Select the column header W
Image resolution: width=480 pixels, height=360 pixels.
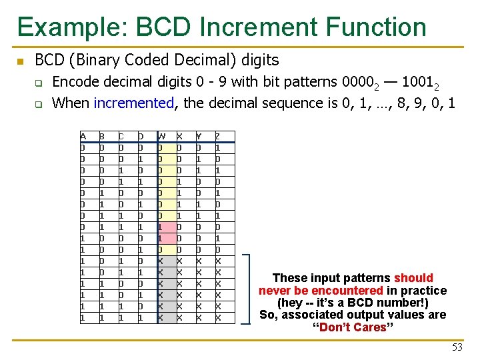(162, 137)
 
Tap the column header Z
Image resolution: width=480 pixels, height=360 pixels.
(218, 137)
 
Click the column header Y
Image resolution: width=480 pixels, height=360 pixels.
(199, 137)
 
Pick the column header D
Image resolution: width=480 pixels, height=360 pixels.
(140, 137)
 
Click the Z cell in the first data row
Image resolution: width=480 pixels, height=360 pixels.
(218, 147)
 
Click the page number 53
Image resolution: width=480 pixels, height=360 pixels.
(457, 347)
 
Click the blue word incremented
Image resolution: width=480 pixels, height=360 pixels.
(134, 103)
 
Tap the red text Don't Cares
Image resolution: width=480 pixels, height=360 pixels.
(353, 327)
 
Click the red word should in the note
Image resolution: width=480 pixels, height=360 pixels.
(413, 278)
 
